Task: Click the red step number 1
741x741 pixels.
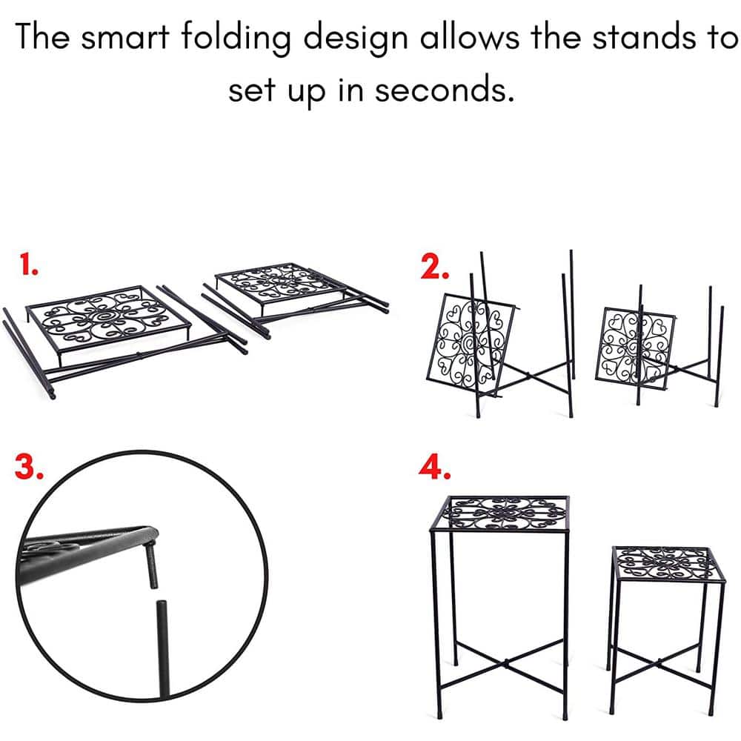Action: tap(29, 265)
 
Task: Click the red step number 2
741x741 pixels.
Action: tap(434, 268)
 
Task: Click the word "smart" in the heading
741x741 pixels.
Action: tap(124, 37)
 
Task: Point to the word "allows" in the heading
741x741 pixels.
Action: tap(469, 36)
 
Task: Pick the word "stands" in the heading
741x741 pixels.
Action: tap(645, 36)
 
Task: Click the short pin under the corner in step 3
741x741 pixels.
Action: tap(152, 565)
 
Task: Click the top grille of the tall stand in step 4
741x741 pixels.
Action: tap(506, 513)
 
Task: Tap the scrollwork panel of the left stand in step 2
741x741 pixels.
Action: tap(471, 341)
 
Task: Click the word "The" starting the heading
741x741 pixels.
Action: tap(42, 36)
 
